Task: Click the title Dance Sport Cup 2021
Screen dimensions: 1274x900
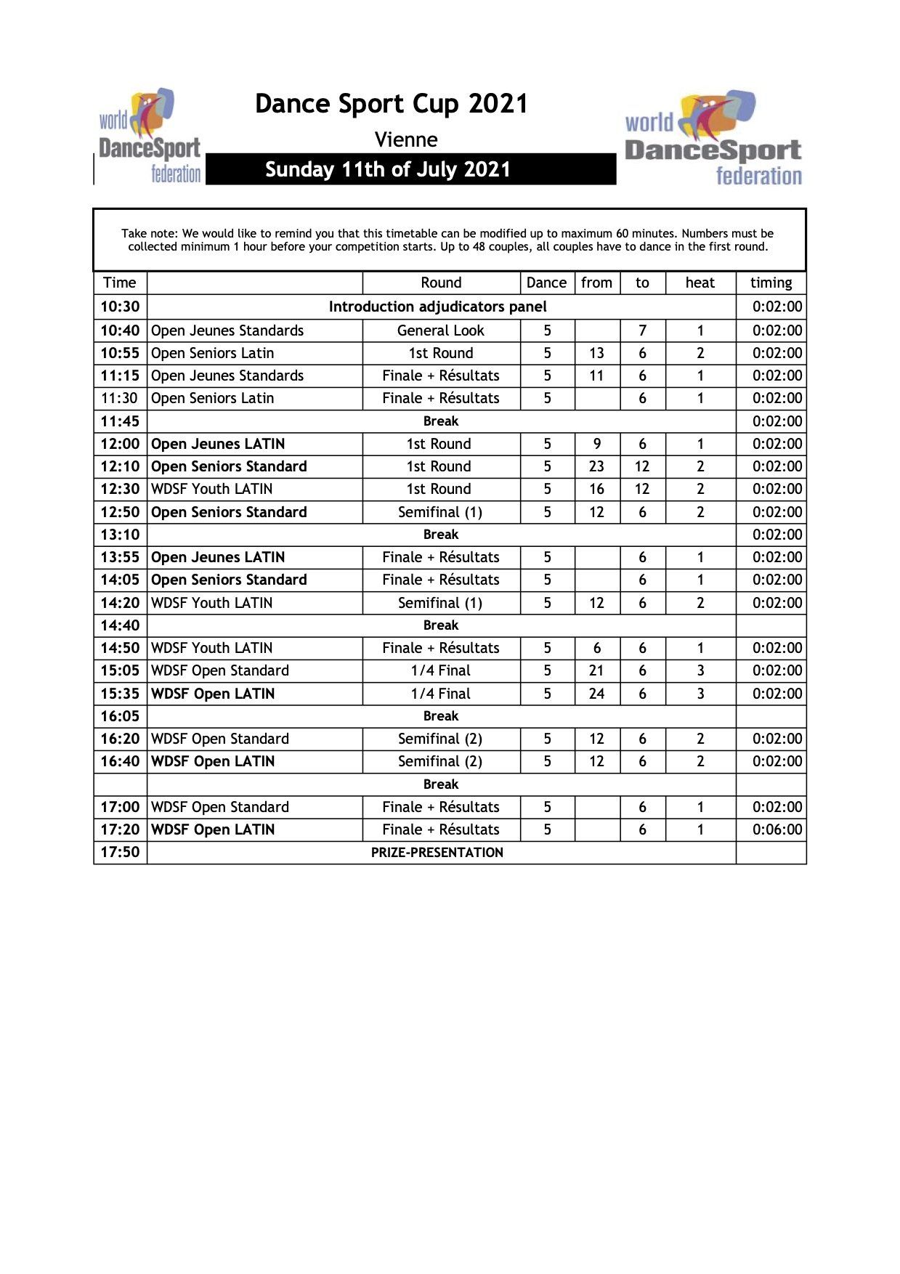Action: [x=391, y=104]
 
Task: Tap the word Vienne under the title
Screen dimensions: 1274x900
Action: [x=406, y=139]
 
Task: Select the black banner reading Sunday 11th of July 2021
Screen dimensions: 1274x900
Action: [x=410, y=169]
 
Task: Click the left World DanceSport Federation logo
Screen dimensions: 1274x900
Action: [x=150, y=137]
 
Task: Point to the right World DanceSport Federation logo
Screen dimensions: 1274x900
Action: [x=713, y=137]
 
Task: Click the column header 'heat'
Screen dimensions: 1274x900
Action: [x=700, y=283]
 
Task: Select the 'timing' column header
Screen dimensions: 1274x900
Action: [x=771, y=283]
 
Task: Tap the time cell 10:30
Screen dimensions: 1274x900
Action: [x=120, y=307]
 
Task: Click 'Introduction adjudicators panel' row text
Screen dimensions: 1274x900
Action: [x=437, y=307]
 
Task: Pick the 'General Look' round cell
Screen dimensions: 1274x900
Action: [x=440, y=330]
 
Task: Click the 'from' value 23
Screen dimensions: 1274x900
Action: [x=596, y=466]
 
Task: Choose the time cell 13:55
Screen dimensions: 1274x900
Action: [x=120, y=557]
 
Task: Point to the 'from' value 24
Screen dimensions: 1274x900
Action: [x=596, y=694]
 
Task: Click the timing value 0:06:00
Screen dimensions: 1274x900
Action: [x=777, y=829]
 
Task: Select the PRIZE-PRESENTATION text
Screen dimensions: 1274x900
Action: [x=437, y=853]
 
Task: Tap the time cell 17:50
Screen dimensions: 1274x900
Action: [x=120, y=852]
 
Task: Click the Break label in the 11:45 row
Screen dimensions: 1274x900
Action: [x=441, y=421]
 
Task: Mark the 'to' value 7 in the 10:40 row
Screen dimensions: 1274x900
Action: [x=642, y=330]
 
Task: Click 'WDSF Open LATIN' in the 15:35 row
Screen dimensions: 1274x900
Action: [x=213, y=694]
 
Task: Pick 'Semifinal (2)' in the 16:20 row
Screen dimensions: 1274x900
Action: [x=440, y=739]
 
